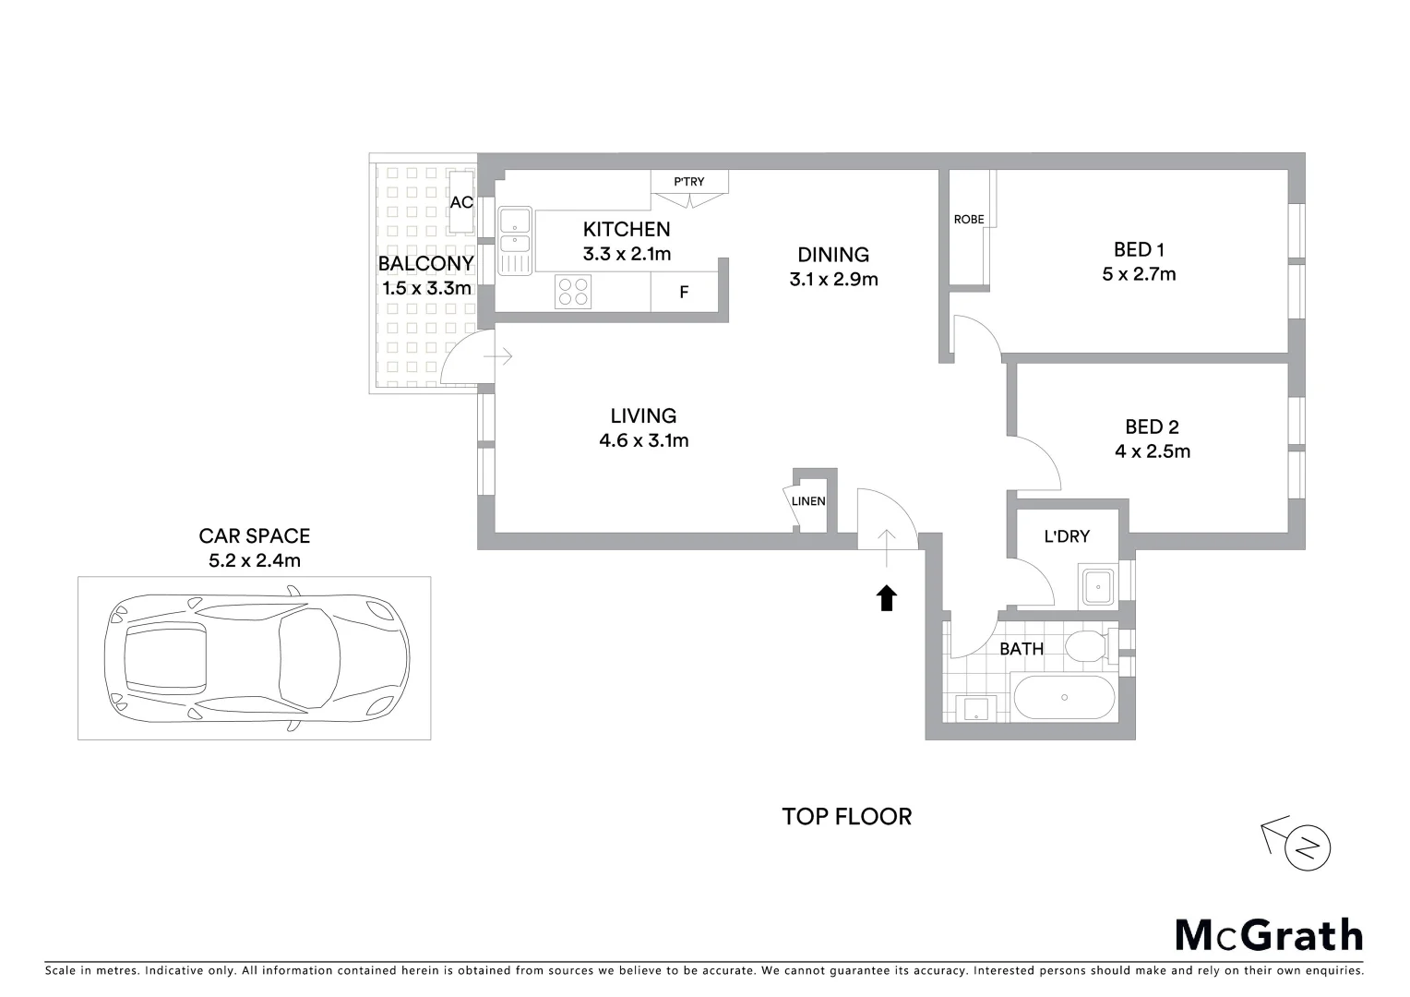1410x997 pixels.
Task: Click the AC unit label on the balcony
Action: (461, 202)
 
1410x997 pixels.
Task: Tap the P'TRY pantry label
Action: (689, 182)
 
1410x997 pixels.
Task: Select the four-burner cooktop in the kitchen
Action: (573, 292)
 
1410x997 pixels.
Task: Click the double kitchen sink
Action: (515, 231)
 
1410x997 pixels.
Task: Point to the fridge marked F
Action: (684, 293)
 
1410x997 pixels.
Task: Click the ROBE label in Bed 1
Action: (969, 220)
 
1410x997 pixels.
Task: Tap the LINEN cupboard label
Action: (808, 501)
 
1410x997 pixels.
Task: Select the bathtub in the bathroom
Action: (1065, 698)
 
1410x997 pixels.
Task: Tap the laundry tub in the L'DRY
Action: (1098, 586)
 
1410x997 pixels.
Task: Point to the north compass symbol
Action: (1307, 847)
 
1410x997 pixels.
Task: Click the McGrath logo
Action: (1269, 935)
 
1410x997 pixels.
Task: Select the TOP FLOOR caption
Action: (846, 816)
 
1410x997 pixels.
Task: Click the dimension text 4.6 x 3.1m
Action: (643, 440)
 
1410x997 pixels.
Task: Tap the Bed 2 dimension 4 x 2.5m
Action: (1152, 451)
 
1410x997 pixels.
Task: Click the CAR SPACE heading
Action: (255, 535)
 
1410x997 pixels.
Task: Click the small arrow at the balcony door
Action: (502, 355)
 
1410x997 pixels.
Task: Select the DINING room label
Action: (833, 255)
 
